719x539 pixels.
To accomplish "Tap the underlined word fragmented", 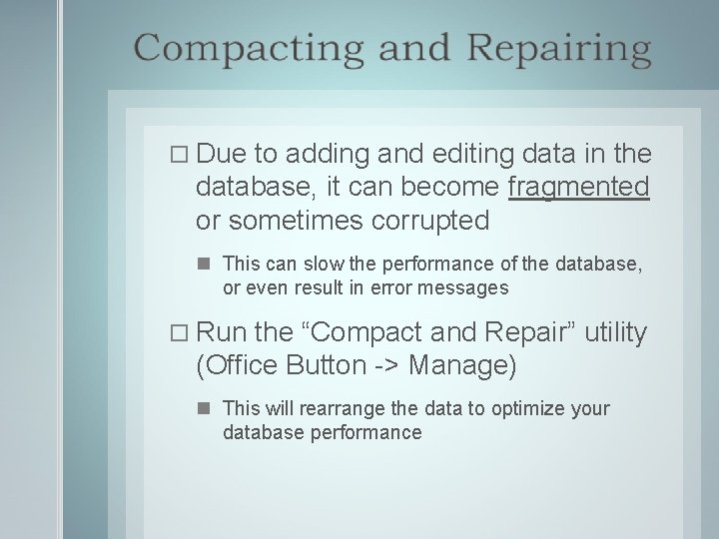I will coord(579,187).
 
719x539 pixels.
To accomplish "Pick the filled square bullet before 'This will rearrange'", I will coord(204,409).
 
